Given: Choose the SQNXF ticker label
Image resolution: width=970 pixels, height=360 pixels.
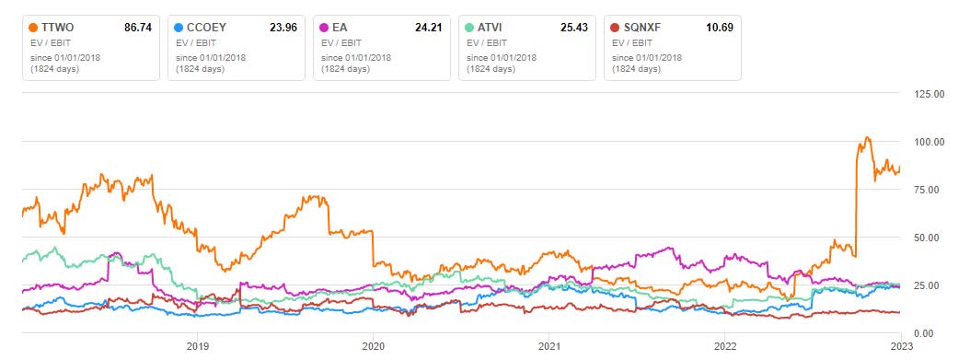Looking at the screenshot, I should click(642, 28).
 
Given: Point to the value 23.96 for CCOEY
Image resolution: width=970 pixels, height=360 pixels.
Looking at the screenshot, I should click(284, 28).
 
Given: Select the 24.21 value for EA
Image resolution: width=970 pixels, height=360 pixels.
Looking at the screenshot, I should click(429, 28).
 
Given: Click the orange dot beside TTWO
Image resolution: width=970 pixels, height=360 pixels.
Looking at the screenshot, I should click(34, 28).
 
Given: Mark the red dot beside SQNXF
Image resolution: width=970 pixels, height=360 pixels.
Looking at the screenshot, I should click(615, 28).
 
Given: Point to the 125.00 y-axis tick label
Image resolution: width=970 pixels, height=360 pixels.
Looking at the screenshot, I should click(926, 94).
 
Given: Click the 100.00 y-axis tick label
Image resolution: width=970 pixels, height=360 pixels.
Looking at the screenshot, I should click(926, 142).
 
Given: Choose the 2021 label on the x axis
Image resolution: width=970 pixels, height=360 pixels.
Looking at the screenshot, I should click(549, 347).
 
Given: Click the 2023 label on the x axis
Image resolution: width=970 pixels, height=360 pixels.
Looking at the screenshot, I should click(900, 347).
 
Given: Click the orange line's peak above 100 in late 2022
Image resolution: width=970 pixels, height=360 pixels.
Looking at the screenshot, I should click(866, 138).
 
